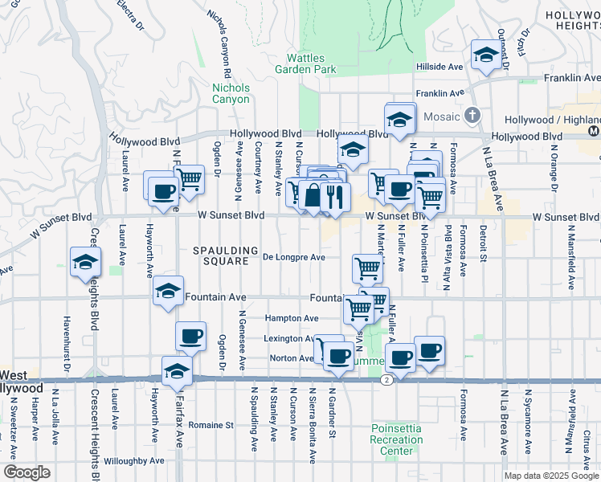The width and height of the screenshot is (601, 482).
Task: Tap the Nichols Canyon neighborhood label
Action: pos(231,93)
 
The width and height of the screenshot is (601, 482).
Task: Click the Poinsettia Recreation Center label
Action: pos(396,439)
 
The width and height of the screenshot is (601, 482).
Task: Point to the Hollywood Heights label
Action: pos(572,21)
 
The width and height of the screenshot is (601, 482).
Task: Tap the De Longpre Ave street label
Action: pos(293,257)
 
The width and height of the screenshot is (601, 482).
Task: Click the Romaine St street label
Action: pos(211,425)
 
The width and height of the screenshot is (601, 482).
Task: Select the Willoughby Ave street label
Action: pos(134,461)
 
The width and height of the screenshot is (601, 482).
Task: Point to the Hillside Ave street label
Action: pos(440,67)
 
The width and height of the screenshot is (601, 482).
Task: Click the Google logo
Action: pos(27,472)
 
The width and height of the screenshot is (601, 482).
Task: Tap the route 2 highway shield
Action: pos(387,379)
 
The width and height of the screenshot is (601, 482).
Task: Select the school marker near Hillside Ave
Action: pos(485,55)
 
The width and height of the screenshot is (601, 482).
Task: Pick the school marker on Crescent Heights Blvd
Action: pos(84,261)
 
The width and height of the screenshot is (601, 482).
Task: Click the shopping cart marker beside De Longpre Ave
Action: pos(367,268)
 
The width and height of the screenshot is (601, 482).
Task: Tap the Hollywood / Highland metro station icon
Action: pos(593,130)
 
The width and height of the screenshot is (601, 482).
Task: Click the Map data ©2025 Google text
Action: pos(551,476)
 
